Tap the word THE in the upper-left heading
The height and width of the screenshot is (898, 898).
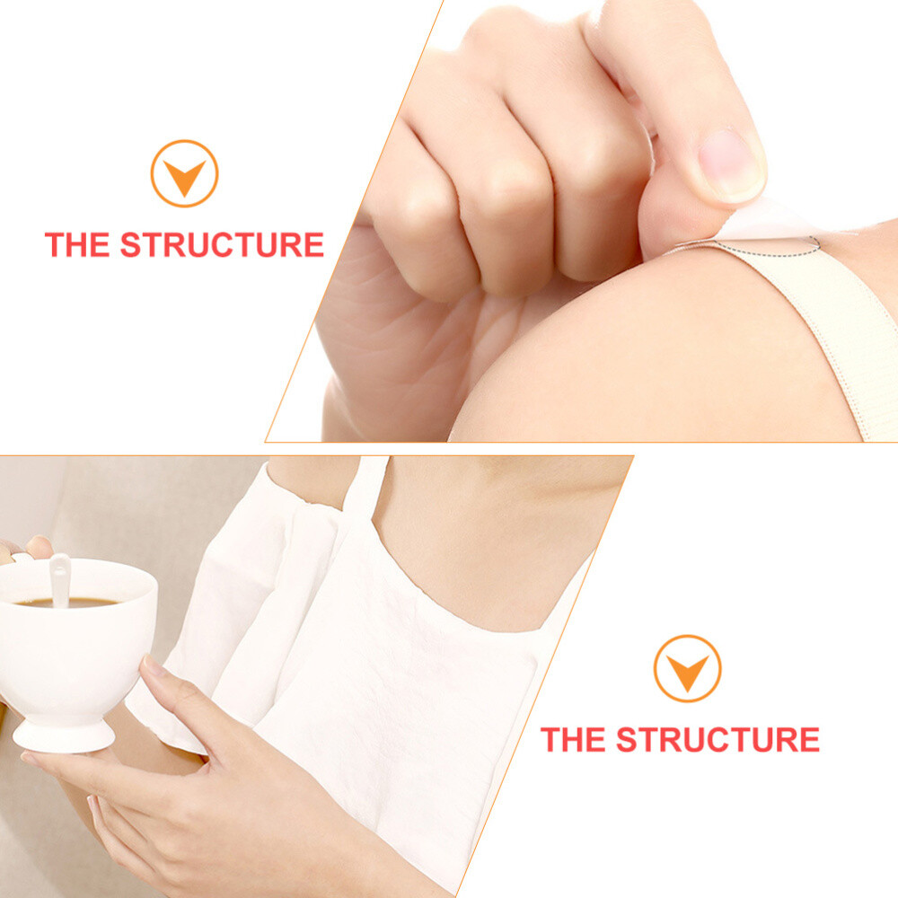77,244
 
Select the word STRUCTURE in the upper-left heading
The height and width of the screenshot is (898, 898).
222,244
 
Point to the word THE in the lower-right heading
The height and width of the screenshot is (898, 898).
573,739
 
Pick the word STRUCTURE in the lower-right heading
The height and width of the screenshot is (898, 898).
718,739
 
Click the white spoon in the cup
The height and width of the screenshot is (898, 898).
60,578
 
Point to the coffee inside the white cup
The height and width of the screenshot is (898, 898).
66,603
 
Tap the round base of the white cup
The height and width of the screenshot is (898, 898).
63,736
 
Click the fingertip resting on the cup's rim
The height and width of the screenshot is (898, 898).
39,545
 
